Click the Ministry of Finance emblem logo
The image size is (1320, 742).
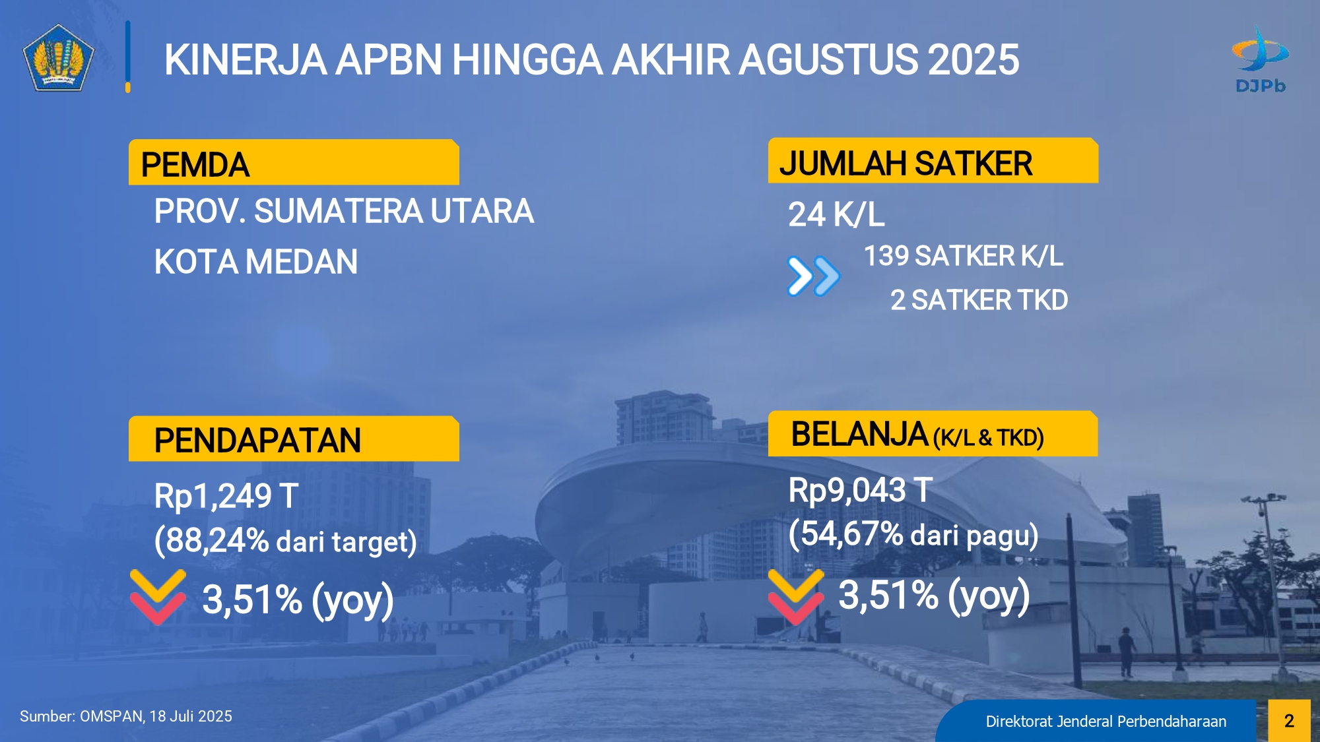(x=58, y=58)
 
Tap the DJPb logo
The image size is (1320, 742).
(x=1260, y=59)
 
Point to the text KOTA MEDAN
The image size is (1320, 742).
(x=256, y=262)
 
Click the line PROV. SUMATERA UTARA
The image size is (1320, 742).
(x=344, y=211)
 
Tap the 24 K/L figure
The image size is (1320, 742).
(x=836, y=214)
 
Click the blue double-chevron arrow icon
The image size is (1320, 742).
(x=814, y=276)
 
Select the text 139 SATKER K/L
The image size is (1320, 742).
(x=964, y=256)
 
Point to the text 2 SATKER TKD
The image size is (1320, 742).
(x=979, y=300)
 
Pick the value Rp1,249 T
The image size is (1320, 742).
(x=226, y=496)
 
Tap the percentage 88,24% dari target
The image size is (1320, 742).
(x=285, y=541)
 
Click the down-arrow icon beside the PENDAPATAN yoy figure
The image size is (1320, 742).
(x=158, y=597)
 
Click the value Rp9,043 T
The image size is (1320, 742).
(x=860, y=490)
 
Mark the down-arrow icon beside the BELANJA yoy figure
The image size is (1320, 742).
(x=796, y=597)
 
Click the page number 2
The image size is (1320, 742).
(x=1289, y=721)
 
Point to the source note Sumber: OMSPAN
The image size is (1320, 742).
(x=126, y=716)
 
